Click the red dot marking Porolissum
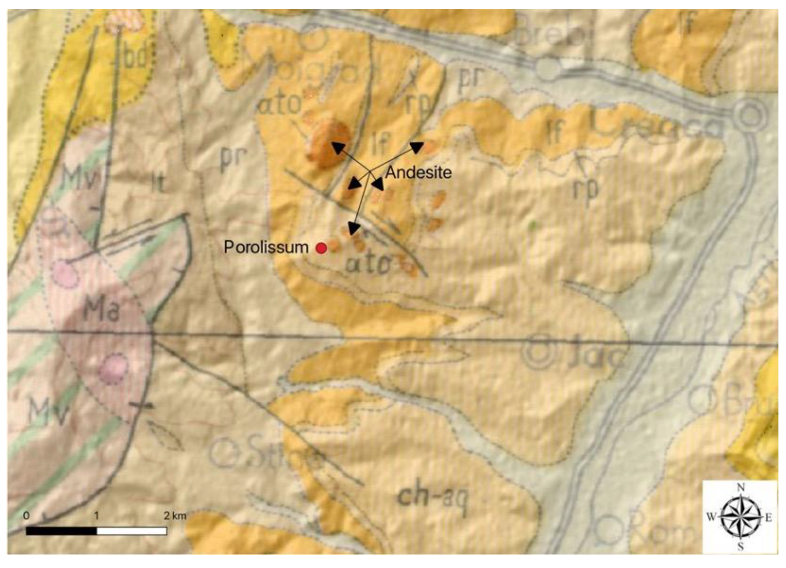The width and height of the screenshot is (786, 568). point(322,248)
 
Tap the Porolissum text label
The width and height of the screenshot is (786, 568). point(266,247)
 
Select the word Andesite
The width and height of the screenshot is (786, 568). point(418,173)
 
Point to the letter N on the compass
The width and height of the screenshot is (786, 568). point(741,488)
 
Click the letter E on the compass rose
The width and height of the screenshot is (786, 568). point(768,517)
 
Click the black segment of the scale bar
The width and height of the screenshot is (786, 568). point(62,531)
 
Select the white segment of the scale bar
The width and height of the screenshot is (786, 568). point(132,531)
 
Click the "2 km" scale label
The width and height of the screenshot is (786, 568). point(175,516)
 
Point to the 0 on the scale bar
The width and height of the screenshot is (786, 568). point(26,516)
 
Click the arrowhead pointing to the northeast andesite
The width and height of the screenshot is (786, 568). point(417,147)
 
